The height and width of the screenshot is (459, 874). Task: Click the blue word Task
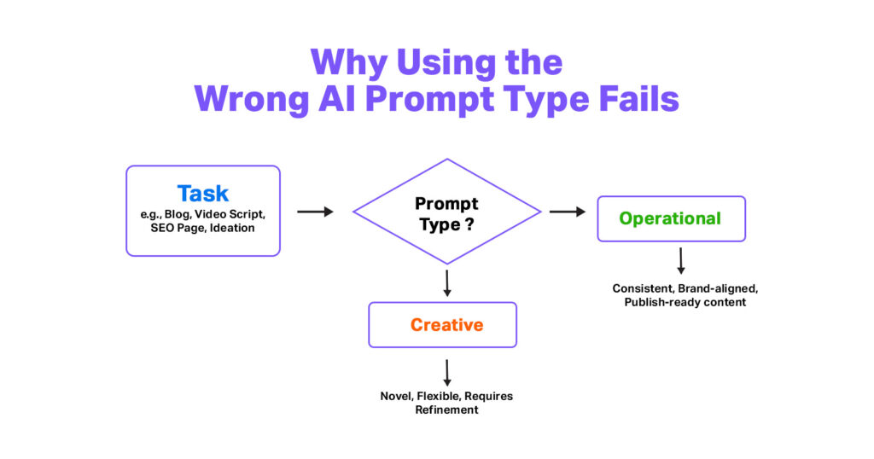click(203, 193)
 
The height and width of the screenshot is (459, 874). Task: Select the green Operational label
click(670, 218)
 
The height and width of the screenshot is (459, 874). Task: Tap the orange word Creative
click(446, 325)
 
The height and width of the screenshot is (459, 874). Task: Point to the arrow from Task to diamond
click(315, 212)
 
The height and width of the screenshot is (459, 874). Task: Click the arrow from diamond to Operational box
click(567, 212)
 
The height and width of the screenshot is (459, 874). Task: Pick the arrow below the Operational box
click(680, 260)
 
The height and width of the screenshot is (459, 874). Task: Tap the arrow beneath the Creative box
click(446, 372)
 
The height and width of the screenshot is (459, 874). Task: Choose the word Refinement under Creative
click(446, 410)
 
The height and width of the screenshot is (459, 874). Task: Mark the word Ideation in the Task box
click(240, 228)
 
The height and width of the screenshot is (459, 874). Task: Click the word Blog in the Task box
click(179, 214)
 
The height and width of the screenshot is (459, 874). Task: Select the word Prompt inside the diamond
click(446, 204)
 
